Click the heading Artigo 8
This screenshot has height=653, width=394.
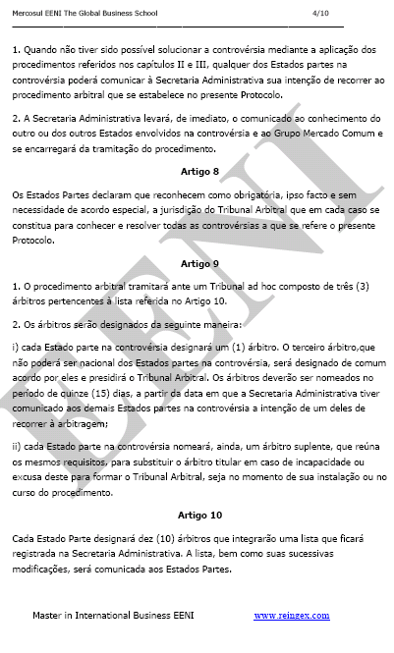[x=201, y=171]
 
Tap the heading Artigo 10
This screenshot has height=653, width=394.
[x=201, y=514]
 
